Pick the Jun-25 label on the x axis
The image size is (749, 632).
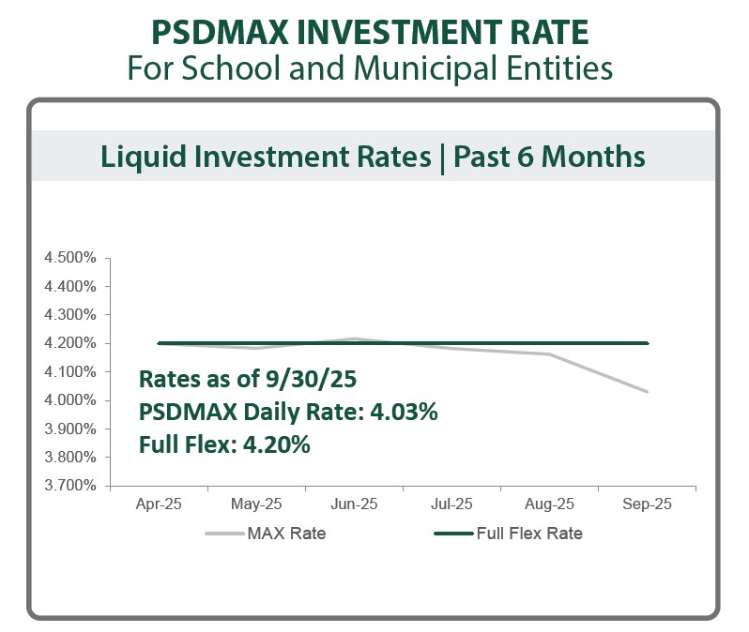click(354, 504)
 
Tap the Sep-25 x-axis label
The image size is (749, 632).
click(647, 504)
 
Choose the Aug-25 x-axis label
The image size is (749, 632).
click(549, 504)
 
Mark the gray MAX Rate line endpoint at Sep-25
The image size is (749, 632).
click(647, 391)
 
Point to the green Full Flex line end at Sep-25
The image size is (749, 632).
click(647, 343)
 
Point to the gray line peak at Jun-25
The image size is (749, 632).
click(354, 339)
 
